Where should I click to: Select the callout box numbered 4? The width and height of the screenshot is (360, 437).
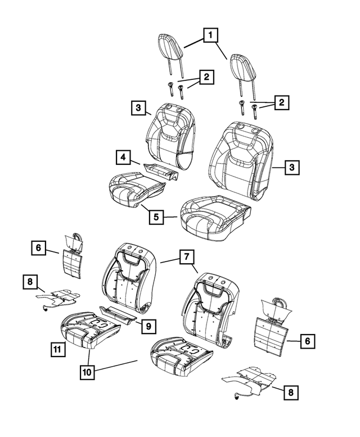124,157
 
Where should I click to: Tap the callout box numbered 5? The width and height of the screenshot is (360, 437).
157,216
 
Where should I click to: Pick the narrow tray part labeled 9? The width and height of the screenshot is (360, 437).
118,314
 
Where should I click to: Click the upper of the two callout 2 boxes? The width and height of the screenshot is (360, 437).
207,77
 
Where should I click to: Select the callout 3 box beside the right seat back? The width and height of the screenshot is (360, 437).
291,167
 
